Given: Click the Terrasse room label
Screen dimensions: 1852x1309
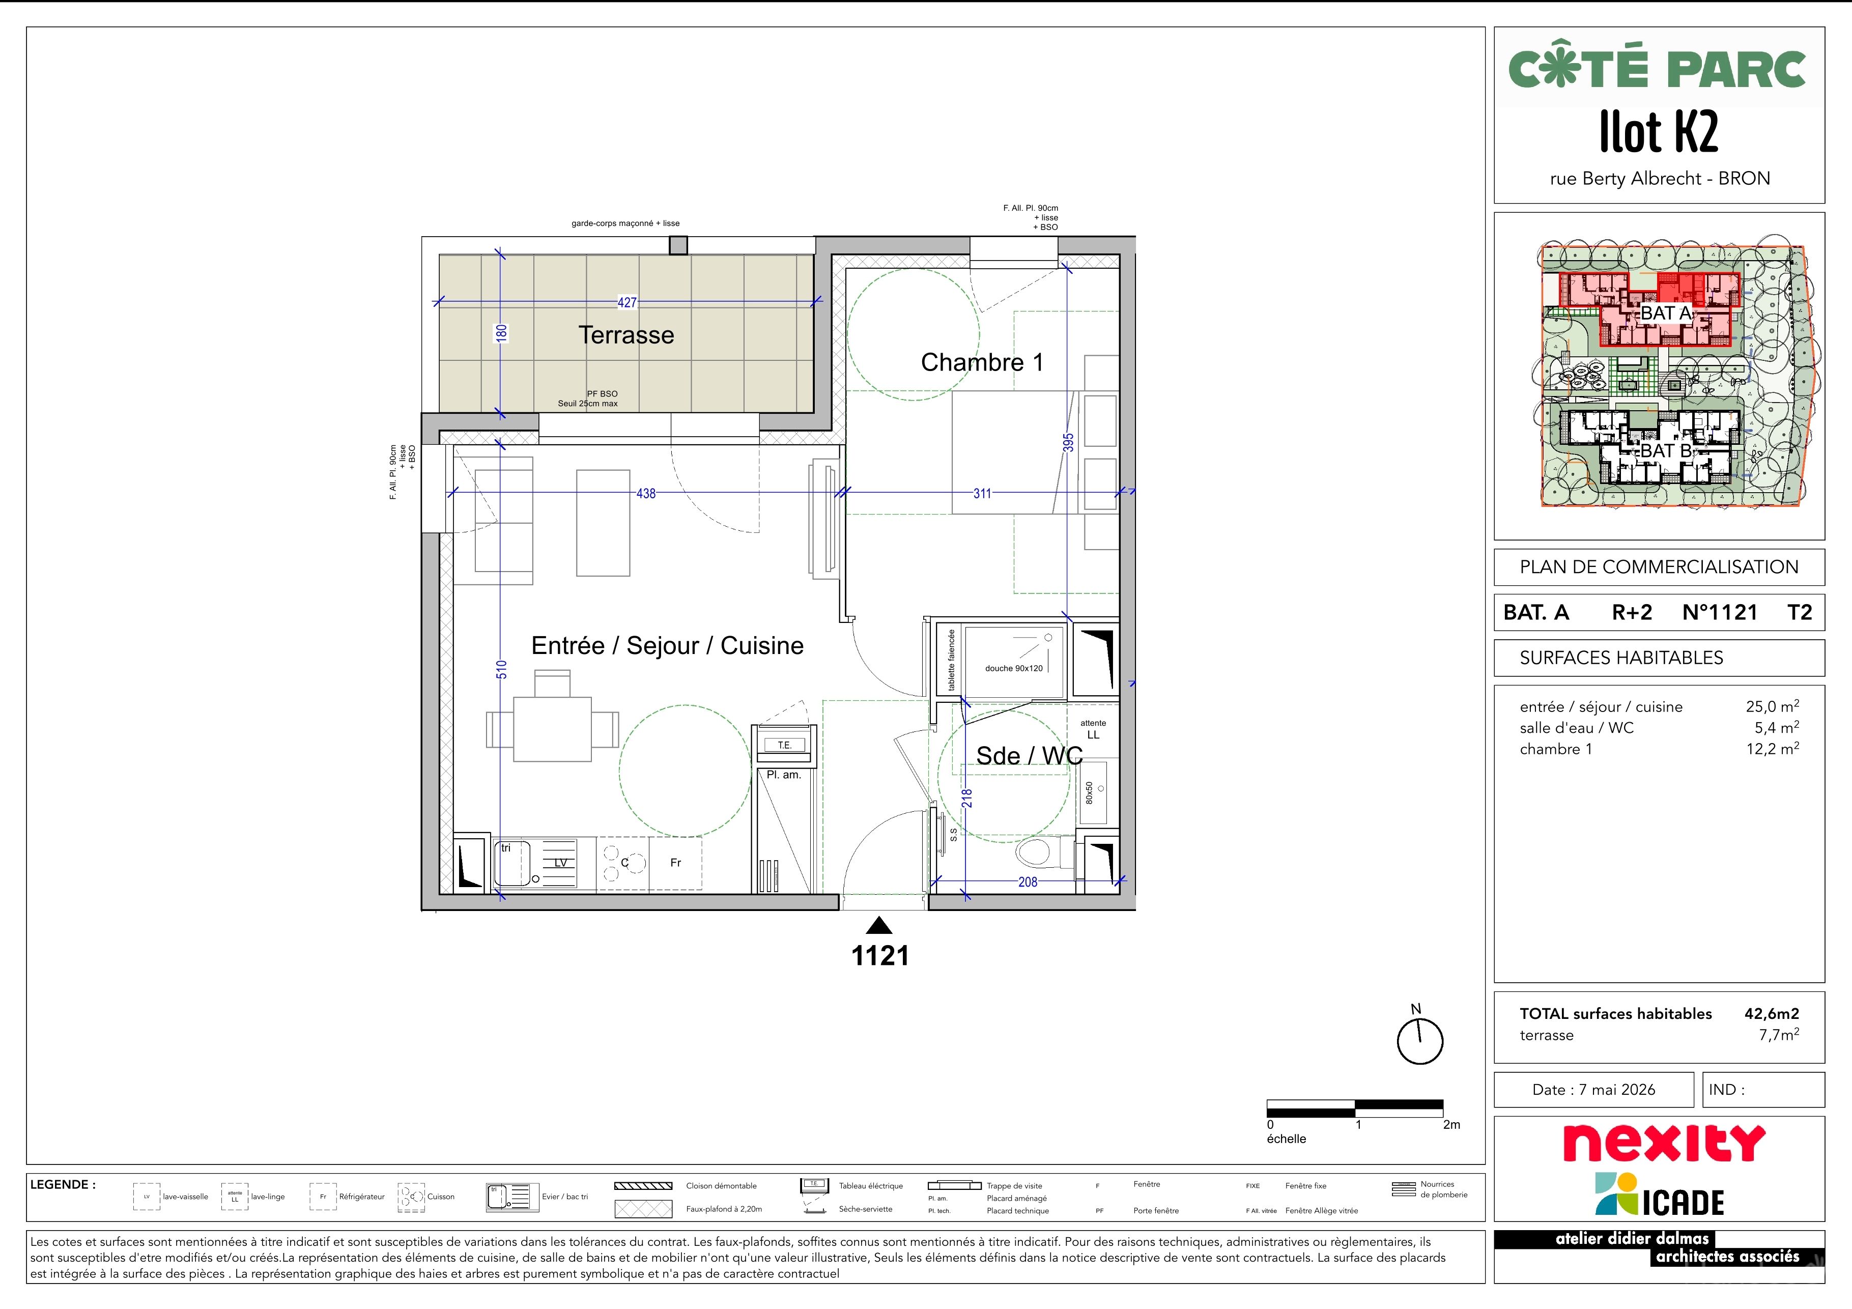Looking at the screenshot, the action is point(626,335).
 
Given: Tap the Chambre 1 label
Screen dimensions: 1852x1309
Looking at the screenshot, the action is point(982,362).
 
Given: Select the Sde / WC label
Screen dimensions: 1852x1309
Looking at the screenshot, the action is point(1029,756).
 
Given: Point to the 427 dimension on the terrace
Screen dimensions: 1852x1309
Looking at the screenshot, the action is point(626,302).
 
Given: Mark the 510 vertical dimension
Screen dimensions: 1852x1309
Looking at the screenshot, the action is point(501,669).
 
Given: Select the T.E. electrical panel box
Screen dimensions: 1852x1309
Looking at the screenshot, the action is point(784,745).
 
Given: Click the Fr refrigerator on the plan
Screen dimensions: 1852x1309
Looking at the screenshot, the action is point(676,863).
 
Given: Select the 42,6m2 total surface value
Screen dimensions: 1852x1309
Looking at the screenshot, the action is point(1772,1014).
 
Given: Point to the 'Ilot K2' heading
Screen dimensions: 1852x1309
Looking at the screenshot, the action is point(1659,131).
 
